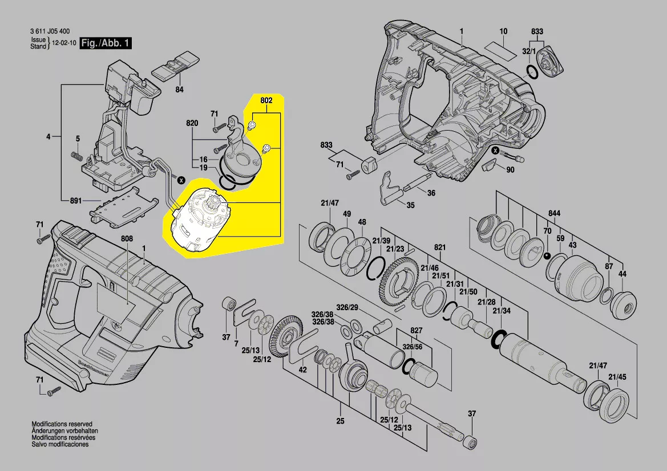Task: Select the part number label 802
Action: click(x=266, y=101)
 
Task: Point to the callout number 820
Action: click(x=192, y=124)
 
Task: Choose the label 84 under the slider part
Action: click(x=179, y=90)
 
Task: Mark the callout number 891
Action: click(x=75, y=201)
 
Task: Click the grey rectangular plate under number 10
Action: click(x=496, y=44)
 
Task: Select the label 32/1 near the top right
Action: click(x=529, y=51)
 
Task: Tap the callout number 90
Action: click(x=510, y=170)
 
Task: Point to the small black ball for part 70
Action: click(x=547, y=256)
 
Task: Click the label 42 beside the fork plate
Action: click(x=303, y=370)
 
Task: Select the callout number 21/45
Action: click(x=617, y=377)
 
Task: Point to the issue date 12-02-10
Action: click(x=63, y=43)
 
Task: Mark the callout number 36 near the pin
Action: click(x=431, y=193)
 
